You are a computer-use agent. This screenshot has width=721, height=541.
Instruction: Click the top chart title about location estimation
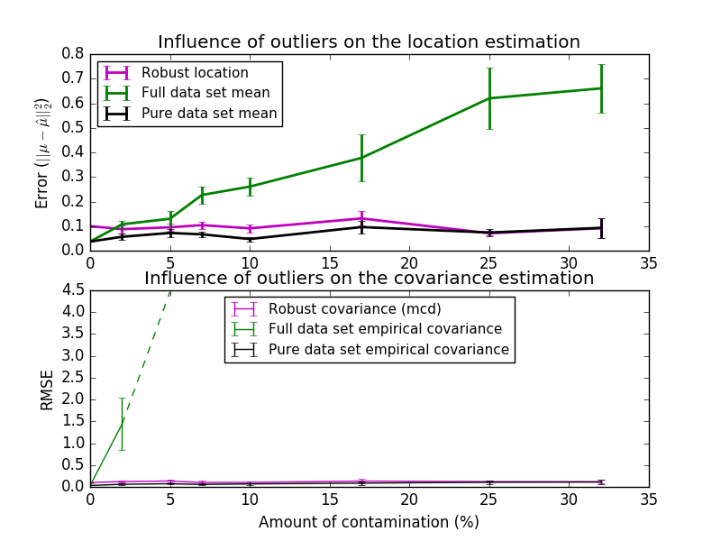(369, 42)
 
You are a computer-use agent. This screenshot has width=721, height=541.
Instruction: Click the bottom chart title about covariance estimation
(369, 279)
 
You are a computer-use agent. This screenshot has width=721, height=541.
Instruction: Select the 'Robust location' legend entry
(195, 73)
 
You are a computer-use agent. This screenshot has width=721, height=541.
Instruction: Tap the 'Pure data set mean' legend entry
(209, 114)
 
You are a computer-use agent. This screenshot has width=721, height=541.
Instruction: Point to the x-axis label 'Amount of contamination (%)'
(369, 522)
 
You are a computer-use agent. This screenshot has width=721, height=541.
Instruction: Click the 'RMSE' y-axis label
(48, 389)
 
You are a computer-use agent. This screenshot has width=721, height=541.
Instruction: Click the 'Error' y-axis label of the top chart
(42, 153)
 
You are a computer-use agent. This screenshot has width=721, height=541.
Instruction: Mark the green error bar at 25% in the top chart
(489, 98)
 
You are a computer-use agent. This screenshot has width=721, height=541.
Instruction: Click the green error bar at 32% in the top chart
(601, 88)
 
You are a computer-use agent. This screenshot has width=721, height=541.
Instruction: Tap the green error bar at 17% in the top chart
(361, 158)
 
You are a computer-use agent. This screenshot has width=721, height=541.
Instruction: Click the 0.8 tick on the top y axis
(72, 53)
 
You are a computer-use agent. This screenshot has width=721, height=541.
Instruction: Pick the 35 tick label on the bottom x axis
(648, 500)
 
